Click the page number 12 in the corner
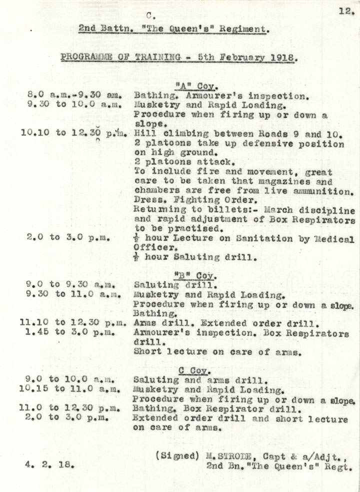(x=346, y=11)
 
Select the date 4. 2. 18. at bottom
(x=50, y=464)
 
